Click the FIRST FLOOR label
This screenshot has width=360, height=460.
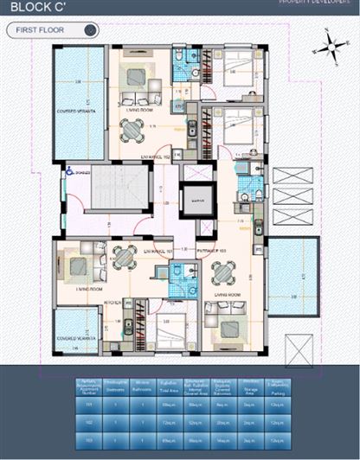pyautogui.click(x=41, y=30)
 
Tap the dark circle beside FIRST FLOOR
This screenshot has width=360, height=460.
pyautogui.click(x=89, y=30)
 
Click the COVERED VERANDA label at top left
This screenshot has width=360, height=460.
pyautogui.click(x=74, y=112)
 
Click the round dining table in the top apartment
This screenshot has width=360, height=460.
pyautogui.click(x=132, y=131)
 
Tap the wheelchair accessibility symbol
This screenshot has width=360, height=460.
pyautogui.click(x=69, y=172)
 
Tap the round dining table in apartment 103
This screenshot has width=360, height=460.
pyautogui.click(x=222, y=273)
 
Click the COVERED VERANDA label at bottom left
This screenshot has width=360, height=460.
pyautogui.click(x=74, y=338)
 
